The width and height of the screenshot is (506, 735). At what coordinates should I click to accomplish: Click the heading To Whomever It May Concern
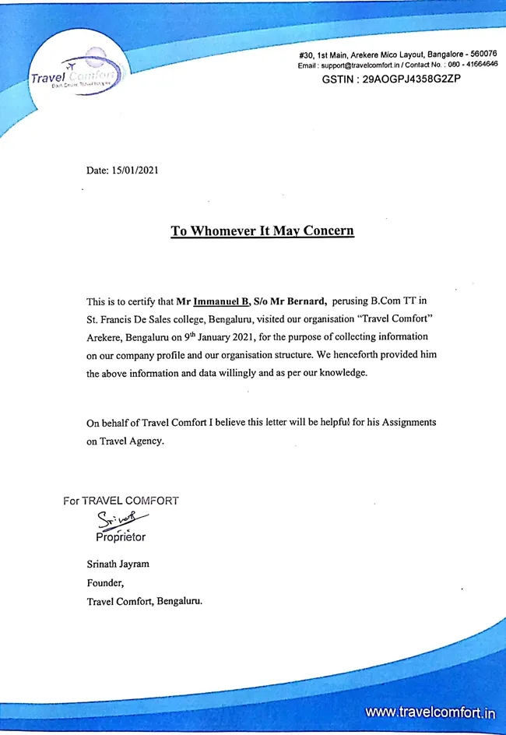coord(262,230)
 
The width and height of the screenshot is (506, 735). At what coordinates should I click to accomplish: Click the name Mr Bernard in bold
coord(298,301)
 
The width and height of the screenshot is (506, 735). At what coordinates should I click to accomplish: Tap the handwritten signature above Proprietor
coord(122,521)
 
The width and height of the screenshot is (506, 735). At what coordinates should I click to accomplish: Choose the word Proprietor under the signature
coord(120,537)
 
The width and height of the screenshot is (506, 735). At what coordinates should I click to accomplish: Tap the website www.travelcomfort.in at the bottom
coord(430,712)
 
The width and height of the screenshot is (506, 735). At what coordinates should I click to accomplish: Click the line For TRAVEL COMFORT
coord(121,501)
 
